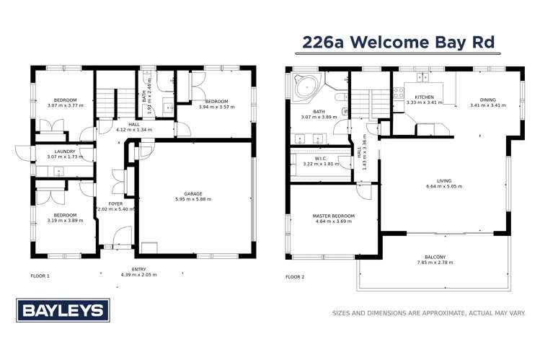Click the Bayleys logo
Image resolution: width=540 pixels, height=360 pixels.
63,311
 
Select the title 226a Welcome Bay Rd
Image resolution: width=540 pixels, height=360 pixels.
399,42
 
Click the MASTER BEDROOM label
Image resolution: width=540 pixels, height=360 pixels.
332,216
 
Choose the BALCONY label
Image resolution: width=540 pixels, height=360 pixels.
435,258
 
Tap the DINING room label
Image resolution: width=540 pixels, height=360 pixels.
488,100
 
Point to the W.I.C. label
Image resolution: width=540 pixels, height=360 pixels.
322,159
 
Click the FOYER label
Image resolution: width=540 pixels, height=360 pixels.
115,203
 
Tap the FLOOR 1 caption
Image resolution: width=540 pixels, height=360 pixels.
40,276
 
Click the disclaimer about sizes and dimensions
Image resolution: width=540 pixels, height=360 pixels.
428,313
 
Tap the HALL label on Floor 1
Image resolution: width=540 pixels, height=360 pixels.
133,124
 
